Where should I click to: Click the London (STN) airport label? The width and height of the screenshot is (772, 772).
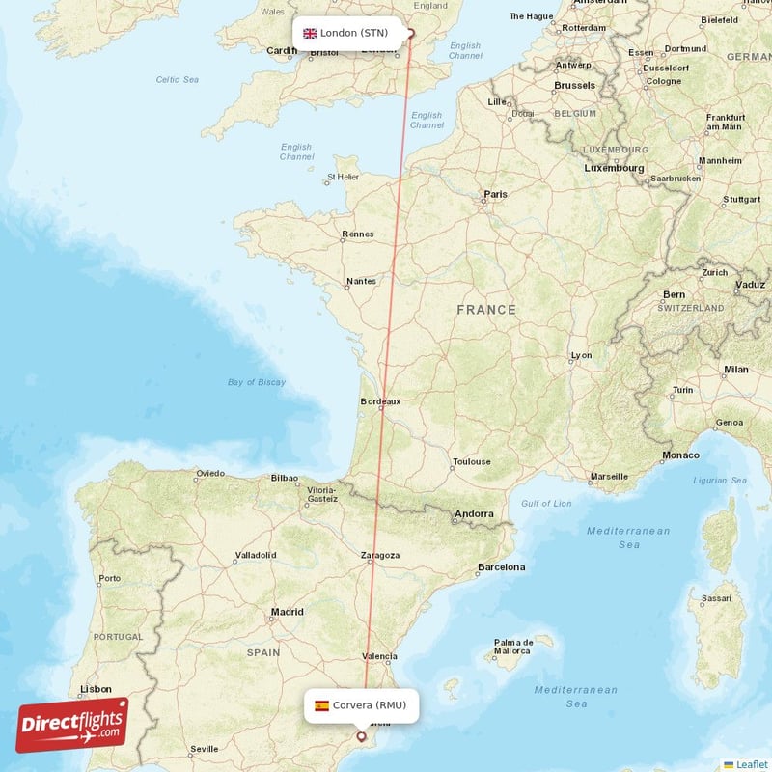354,33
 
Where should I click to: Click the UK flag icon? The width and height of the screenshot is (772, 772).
310,33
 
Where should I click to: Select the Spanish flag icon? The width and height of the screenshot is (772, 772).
321,705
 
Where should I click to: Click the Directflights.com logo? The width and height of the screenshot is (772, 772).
72,725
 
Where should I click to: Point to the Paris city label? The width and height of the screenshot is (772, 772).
495,194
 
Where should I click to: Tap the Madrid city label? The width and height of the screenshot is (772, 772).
287,611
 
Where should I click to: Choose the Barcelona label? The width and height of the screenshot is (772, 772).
502,567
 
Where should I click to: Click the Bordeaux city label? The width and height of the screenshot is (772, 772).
379,400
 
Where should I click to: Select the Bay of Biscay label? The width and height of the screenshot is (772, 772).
257,382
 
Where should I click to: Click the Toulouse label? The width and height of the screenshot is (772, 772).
472,462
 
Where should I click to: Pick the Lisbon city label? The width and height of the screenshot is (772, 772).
96,689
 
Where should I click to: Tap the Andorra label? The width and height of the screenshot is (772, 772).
474,514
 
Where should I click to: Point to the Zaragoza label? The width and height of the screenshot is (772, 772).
379,556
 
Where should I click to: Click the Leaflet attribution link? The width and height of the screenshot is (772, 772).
751,764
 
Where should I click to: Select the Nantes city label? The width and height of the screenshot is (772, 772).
360,282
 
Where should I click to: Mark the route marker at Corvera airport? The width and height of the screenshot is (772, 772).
362,736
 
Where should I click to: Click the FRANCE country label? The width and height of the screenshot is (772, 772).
486,310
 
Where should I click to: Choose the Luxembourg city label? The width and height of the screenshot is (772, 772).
614,168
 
